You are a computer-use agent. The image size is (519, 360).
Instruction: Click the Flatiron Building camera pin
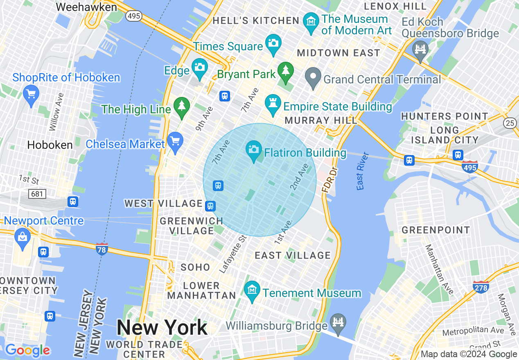[x=254, y=149]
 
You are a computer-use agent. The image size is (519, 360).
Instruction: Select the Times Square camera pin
[x=273, y=43]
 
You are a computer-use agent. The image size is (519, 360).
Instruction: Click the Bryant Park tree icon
[x=286, y=70]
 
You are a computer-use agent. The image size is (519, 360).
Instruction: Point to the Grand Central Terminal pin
[x=314, y=77]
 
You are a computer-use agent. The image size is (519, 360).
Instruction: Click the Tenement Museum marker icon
[x=252, y=290]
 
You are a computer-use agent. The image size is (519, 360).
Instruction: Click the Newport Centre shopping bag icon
[x=22, y=237]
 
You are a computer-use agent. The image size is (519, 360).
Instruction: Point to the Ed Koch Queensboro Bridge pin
[x=420, y=49]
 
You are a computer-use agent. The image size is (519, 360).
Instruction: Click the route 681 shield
[x=37, y=193]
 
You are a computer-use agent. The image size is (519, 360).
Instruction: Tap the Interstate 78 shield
[x=102, y=249]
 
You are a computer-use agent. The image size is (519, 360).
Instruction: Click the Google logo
[x=27, y=350]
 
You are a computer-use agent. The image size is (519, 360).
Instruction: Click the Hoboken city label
[x=50, y=145]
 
